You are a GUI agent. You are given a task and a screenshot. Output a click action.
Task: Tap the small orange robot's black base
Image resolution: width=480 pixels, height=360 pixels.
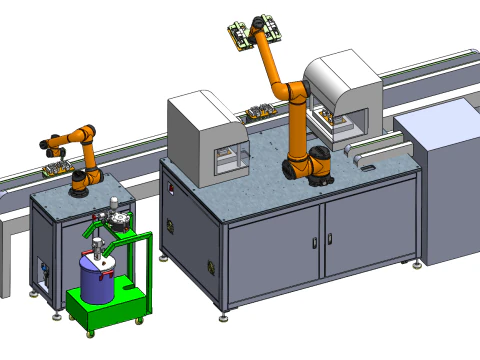tap(83, 180)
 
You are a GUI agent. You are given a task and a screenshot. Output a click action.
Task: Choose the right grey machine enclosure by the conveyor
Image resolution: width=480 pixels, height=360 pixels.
tap(345, 95)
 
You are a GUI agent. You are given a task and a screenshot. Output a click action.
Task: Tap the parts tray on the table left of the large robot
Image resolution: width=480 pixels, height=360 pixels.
tap(261, 112)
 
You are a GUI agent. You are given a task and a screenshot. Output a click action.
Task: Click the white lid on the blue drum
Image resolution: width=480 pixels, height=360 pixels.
tap(97, 262)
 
